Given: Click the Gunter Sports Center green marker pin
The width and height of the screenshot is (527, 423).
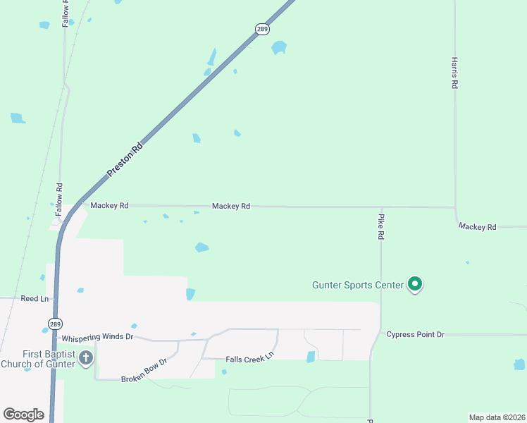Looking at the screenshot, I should click(x=415, y=284).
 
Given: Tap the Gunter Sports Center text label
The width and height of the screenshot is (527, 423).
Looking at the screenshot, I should click(x=358, y=285).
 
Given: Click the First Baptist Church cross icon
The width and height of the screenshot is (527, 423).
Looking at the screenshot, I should click(x=86, y=357).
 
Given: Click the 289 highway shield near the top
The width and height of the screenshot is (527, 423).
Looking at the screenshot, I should click(x=262, y=29).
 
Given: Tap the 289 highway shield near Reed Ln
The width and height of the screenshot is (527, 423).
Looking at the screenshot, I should click(x=55, y=324).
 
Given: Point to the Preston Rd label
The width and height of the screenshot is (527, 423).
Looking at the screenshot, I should click(x=125, y=161).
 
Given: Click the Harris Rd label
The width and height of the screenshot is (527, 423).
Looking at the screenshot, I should click(x=455, y=73).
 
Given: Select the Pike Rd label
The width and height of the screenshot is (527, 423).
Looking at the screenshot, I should click(x=380, y=227).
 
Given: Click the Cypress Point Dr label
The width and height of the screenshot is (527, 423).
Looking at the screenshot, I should click(x=415, y=334).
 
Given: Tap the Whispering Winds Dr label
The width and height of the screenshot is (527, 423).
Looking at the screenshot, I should click(x=97, y=337).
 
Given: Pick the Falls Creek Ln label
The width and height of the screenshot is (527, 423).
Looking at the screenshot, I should click(x=249, y=360).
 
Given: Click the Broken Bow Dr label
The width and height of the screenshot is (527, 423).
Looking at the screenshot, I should click(x=144, y=370).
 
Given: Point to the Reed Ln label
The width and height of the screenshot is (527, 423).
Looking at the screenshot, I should click(x=35, y=299).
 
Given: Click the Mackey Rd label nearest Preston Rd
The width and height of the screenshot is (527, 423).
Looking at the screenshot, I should click(x=109, y=206).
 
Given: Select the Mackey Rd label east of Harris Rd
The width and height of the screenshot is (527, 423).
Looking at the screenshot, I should click(x=477, y=227).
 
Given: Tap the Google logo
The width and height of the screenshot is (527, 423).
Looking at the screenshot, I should click(x=24, y=415).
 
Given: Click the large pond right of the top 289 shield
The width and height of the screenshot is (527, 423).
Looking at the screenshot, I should click(x=279, y=48).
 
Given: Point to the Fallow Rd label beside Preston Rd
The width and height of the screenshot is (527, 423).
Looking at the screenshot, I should click(x=59, y=199).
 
